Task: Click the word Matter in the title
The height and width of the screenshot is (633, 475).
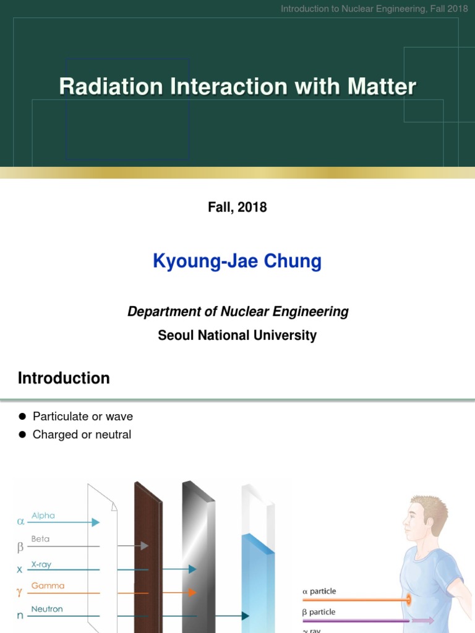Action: point(382,87)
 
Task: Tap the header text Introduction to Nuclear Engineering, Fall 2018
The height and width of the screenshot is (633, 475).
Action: point(374,9)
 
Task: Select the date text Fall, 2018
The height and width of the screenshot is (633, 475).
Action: point(237,207)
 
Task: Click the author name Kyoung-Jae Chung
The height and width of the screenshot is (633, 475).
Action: point(237,261)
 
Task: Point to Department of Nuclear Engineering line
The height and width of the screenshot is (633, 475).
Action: point(237,312)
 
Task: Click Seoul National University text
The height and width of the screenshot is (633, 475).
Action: point(237,336)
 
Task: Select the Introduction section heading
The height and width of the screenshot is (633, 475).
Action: point(64,378)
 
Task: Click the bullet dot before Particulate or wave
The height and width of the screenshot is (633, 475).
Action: point(22,417)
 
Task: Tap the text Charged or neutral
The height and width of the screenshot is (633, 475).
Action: point(82,435)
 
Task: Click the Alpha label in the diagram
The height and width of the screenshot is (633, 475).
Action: point(43,515)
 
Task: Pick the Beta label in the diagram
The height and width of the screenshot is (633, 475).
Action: point(40,538)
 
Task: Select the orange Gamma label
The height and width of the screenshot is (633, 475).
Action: point(48,585)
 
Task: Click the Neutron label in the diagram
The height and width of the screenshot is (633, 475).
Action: point(47,609)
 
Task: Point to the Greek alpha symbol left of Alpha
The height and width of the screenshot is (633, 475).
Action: point(20,522)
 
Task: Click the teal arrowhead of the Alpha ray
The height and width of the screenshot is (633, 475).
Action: point(95,522)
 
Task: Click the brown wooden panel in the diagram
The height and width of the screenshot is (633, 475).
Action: point(148,556)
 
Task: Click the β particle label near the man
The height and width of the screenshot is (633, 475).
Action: point(319,612)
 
